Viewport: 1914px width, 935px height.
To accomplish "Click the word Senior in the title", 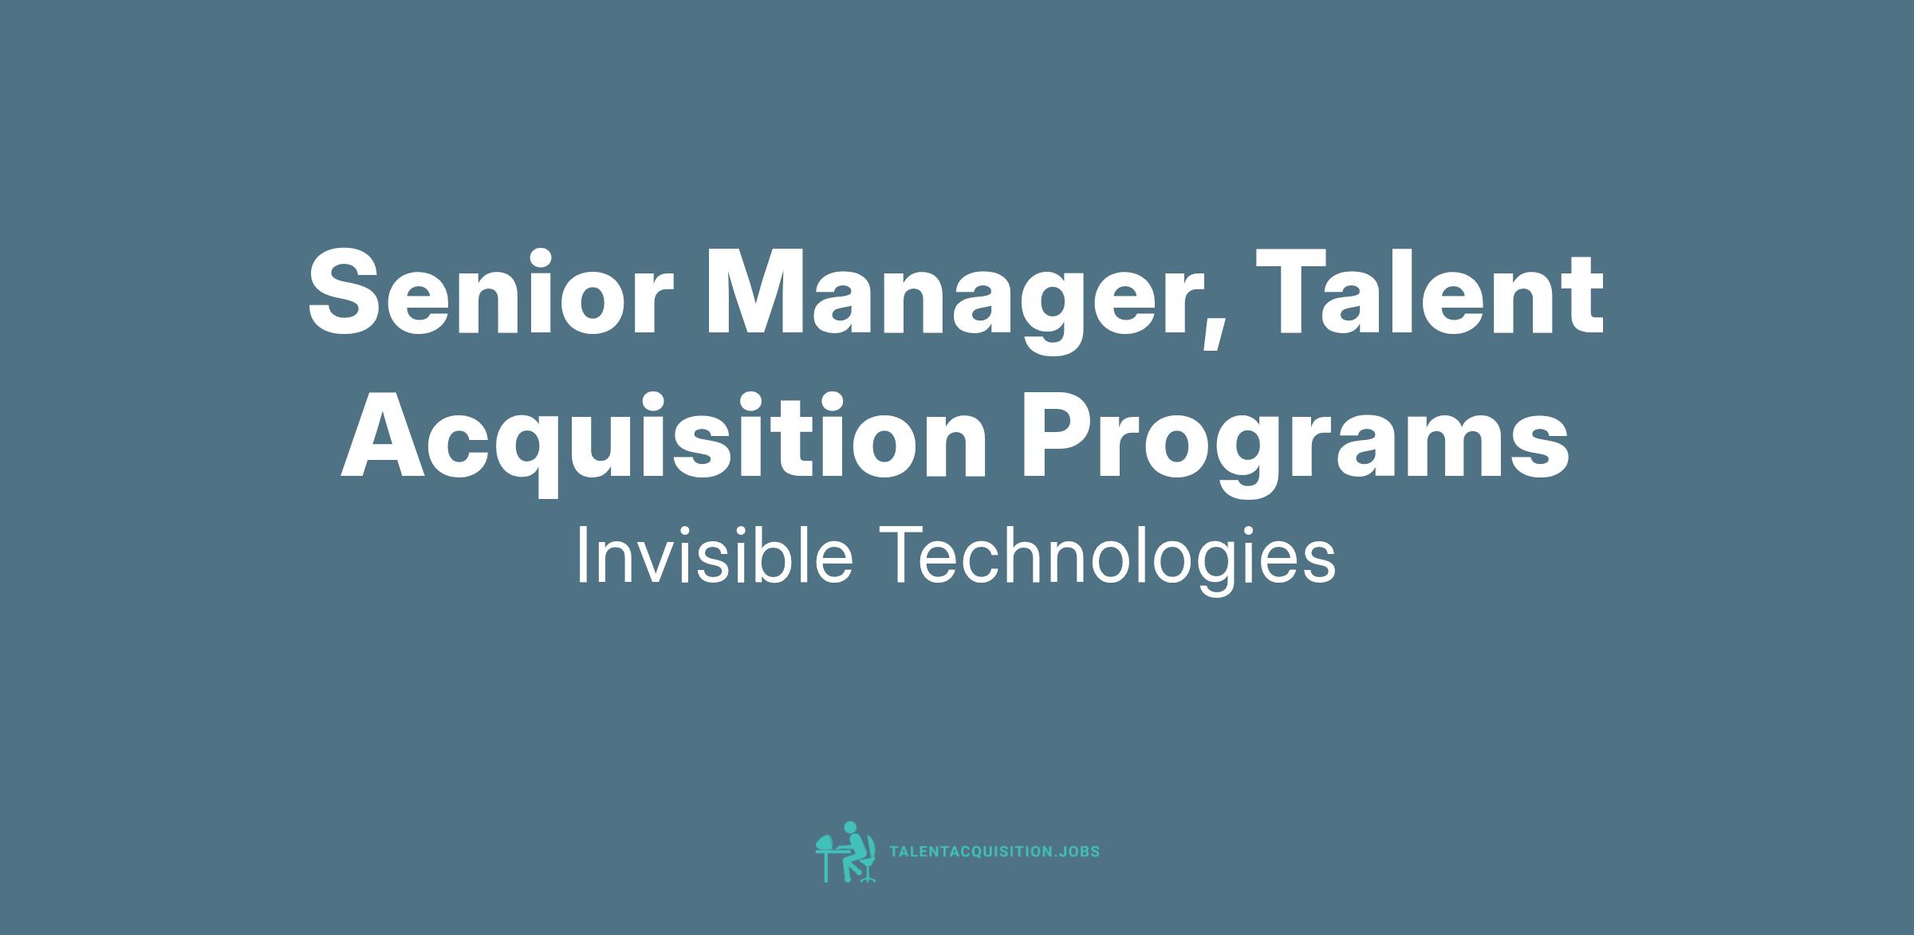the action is click(x=485, y=292).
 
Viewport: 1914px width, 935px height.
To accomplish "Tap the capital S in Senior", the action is click(x=349, y=292).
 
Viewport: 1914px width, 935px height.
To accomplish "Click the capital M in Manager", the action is click(x=761, y=292).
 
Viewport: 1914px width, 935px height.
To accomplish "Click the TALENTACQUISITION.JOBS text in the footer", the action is click(x=994, y=851).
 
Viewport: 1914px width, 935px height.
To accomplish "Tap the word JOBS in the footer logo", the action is click(x=1078, y=851).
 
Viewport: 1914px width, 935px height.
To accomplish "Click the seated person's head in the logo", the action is click(x=850, y=827).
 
